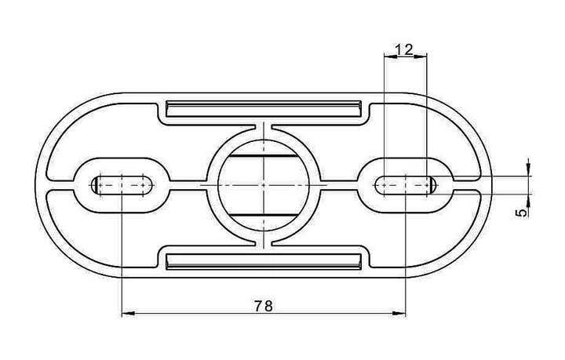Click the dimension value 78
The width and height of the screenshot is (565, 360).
264,306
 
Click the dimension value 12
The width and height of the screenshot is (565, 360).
404,49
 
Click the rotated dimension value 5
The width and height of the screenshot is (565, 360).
521,213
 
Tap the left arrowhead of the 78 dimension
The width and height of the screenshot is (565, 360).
128,314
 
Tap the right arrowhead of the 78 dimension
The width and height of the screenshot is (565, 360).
399,314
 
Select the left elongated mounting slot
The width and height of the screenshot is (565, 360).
122,185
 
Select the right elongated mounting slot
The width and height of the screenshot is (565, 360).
406,185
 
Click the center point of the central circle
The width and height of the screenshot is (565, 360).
264,185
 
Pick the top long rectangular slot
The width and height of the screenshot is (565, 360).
264,109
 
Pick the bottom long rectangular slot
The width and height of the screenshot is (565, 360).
264,262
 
